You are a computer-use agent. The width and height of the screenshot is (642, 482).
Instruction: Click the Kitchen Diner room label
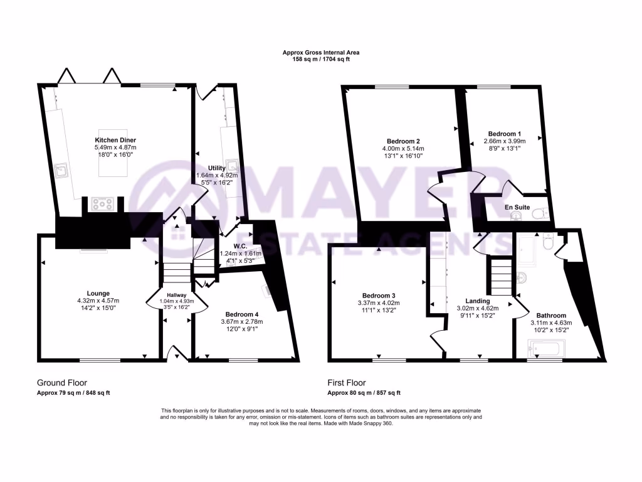pos(115,139)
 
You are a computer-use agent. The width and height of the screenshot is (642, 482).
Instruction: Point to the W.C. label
pos(228,245)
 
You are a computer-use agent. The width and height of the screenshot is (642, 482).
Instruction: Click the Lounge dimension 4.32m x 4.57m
pos(98,301)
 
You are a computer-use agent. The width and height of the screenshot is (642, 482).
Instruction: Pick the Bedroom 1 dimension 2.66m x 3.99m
pos(505,141)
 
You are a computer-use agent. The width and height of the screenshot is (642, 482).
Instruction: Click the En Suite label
pos(517,207)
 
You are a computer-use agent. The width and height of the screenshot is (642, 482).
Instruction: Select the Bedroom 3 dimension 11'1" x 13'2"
pos(379,310)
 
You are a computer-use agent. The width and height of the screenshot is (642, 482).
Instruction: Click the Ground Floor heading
pos(62,382)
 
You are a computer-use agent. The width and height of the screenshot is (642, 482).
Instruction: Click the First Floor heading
pos(347,382)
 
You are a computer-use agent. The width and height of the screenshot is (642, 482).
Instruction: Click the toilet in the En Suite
pos(539,215)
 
